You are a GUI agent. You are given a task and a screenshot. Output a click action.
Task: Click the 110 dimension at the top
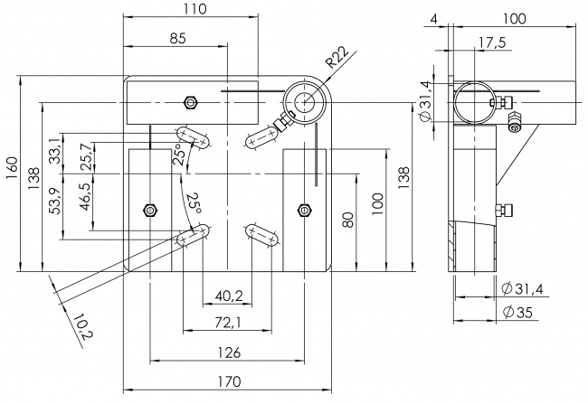click(x=191, y=9)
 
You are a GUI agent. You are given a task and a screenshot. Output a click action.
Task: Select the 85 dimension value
click(x=177, y=38)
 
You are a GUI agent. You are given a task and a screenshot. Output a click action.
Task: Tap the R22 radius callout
click(x=337, y=59)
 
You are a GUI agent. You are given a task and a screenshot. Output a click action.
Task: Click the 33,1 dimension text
click(x=56, y=148)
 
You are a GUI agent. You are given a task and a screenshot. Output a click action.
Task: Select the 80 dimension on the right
click(x=348, y=220)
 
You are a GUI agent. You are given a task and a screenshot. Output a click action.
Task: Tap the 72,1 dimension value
click(x=227, y=323)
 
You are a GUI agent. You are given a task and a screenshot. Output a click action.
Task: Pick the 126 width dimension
click(x=226, y=352)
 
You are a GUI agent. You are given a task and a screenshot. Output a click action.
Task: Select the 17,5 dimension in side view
click(x=492, y=42)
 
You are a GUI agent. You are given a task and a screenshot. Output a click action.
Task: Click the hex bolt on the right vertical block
click(x=304, y=210)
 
